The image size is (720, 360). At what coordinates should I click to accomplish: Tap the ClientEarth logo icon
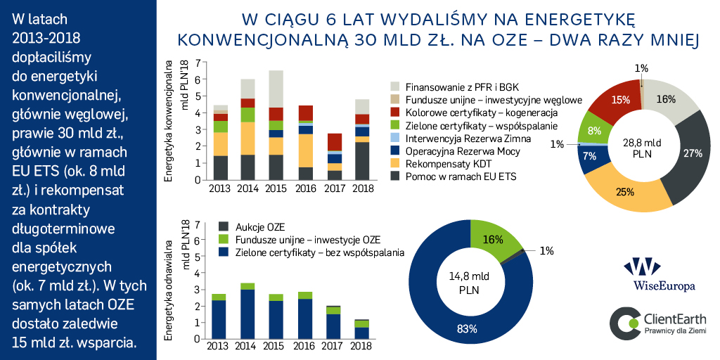tap(622, 320)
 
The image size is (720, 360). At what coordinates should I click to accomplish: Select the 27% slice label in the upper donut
tap(693, 153)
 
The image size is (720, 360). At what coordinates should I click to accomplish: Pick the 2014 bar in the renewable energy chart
tap(247, 305)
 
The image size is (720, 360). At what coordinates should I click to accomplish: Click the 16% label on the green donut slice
tap(494, 239)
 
